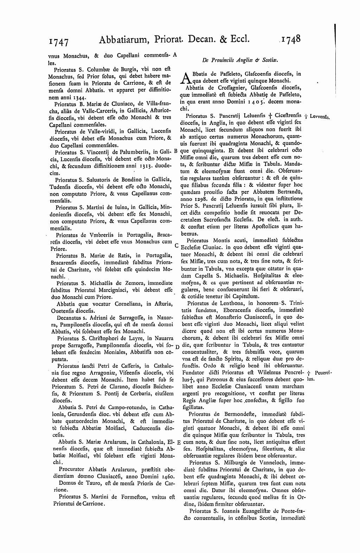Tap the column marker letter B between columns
click(x=176, y=151)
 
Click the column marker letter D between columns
click(x=177, y=347)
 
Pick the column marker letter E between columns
click(x=178, y=442)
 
